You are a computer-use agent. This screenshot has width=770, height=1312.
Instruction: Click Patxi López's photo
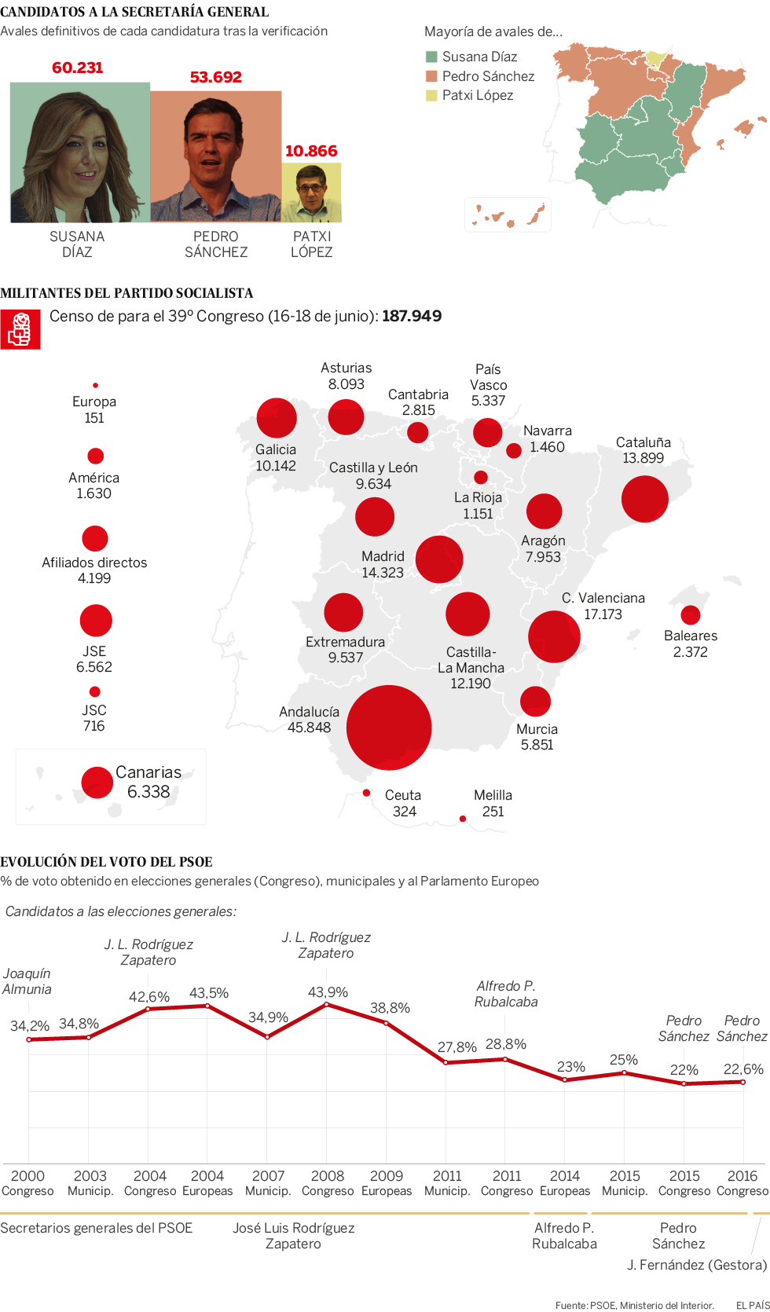(312, 192)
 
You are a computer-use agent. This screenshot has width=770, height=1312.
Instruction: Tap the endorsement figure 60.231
(77, 68)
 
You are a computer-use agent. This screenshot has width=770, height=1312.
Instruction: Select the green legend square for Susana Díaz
(431, 57)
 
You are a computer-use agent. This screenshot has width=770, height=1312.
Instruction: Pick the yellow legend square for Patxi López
(431, 95)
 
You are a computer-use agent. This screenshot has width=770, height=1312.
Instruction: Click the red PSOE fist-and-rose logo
(20, 330)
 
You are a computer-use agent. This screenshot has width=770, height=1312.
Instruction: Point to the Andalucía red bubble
(389, 727)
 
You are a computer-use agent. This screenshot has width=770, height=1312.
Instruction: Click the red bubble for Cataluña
(644, 499)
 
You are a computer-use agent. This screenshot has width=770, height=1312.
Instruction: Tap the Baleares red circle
(691, 614)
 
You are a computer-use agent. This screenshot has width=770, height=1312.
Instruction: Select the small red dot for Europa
(95, 385)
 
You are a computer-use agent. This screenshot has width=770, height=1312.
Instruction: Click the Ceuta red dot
(366, 793)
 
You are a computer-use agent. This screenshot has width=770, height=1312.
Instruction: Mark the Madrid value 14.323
(383, 573)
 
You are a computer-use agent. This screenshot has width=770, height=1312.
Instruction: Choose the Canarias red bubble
(97, 782)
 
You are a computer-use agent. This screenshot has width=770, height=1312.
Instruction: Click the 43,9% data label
(328, 992)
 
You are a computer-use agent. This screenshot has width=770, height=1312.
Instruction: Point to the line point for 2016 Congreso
(743, 1082)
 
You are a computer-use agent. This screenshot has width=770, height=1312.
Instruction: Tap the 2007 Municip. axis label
(268, 1182)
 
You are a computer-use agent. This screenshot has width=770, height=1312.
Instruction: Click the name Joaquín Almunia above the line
(27, 981)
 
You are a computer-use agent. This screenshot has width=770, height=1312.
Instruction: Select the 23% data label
(571, 1066)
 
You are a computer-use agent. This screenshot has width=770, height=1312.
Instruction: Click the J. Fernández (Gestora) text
(696, 1265)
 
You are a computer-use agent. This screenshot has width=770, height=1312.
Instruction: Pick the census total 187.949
(412, 316)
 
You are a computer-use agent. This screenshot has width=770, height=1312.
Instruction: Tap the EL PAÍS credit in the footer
(752, 1305)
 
